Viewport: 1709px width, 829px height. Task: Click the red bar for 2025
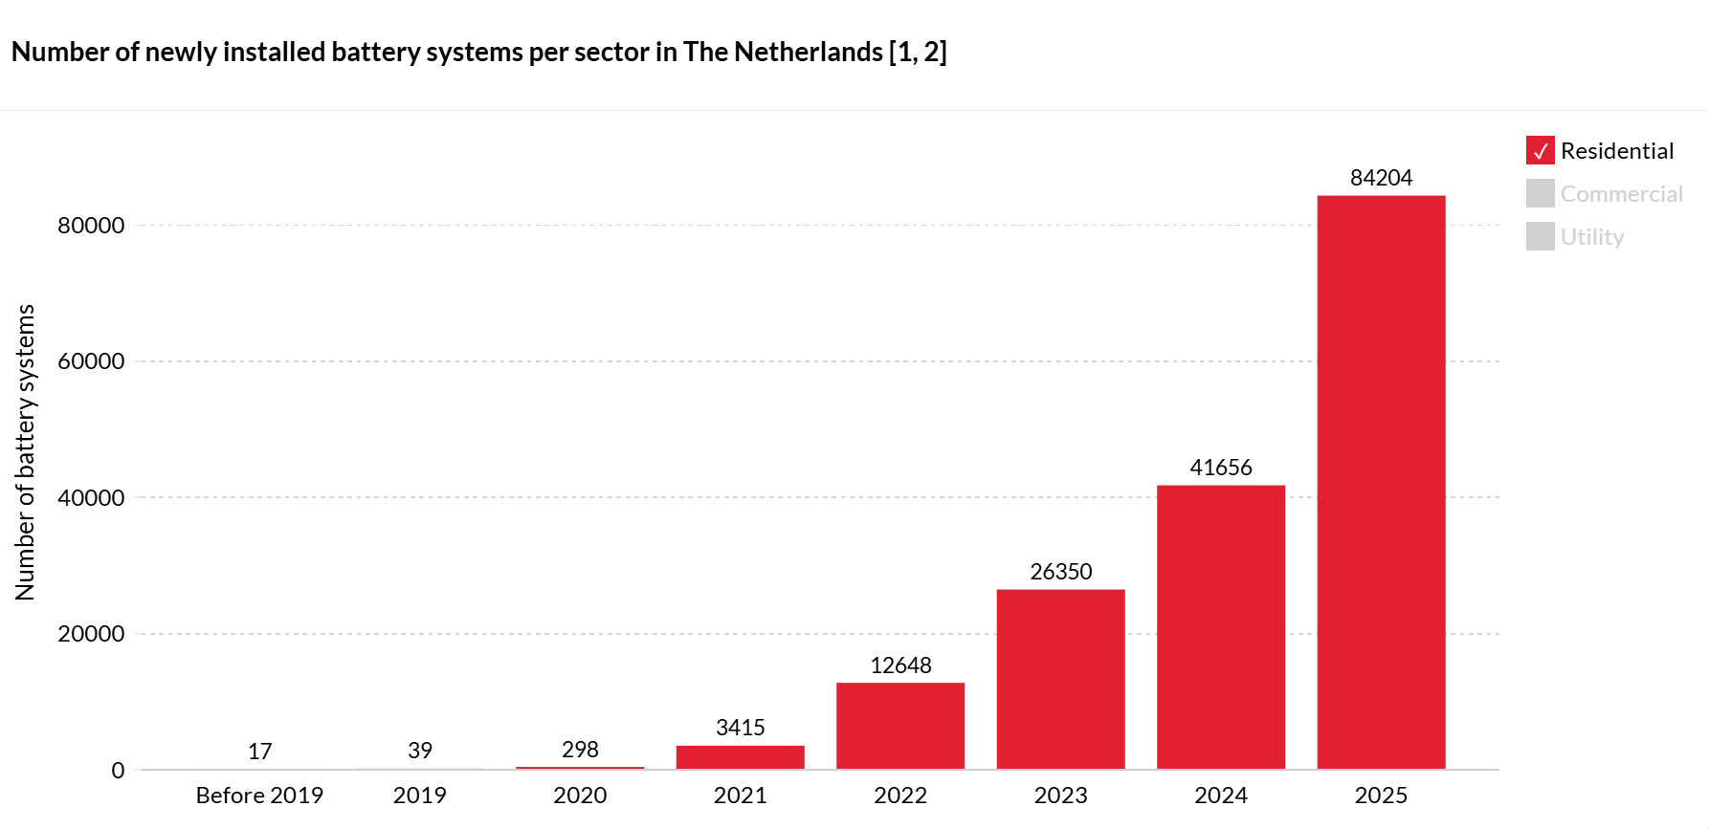point(1381,482)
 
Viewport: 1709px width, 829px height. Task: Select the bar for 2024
point(1220,626)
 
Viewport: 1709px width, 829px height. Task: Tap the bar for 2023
point(1060,679)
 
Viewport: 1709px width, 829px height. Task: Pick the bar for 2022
point(899,726)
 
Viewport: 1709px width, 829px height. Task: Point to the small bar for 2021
point(740,757)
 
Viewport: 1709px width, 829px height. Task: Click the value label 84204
point(1381,178)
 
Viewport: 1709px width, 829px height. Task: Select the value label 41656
point(1220,468)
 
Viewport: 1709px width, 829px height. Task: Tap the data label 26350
point(1060,572)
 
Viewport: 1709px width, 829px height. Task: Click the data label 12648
point(899,665)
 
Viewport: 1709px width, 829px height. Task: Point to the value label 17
point(259,752)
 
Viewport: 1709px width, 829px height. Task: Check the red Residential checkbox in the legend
point(1540,151)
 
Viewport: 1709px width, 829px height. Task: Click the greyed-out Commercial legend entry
point(1620,194)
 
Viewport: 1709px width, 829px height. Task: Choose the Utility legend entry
point(1591,237)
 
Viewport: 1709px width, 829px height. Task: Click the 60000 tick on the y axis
point(91,361)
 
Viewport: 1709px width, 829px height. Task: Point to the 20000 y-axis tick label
point(91,634)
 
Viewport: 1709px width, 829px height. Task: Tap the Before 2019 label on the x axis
point(259,796)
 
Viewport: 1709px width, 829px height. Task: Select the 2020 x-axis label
point(580,796)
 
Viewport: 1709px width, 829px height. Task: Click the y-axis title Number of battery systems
point(25,452)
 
